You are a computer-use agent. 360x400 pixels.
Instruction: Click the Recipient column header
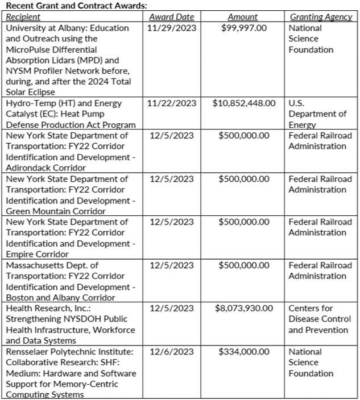23,17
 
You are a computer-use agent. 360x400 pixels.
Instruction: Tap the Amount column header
242,17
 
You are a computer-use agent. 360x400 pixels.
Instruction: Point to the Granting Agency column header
321,17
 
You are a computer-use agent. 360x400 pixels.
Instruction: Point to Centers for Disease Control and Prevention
318,319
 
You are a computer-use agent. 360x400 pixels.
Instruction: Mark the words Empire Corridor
37,254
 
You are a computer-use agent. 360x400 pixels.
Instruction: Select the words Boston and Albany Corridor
60,297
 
